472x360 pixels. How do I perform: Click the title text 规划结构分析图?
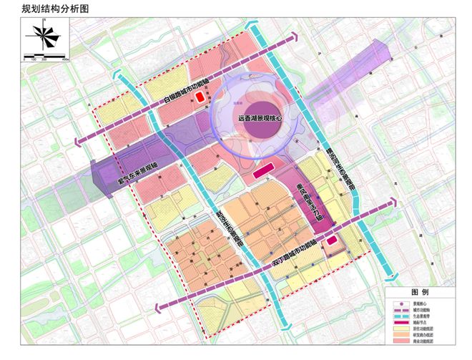click(52, 9)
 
